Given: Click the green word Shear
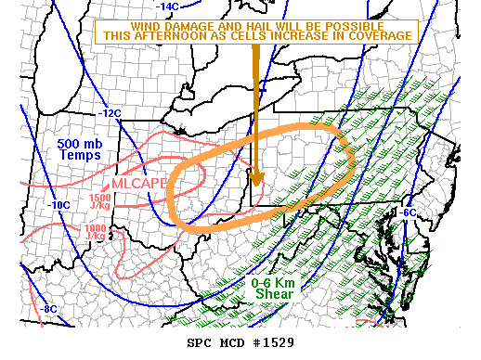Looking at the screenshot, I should point(275,294).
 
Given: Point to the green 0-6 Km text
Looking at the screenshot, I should point(275,283).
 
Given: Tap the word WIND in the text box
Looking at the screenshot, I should point(173,23).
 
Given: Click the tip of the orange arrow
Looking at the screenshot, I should point(257,183).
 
